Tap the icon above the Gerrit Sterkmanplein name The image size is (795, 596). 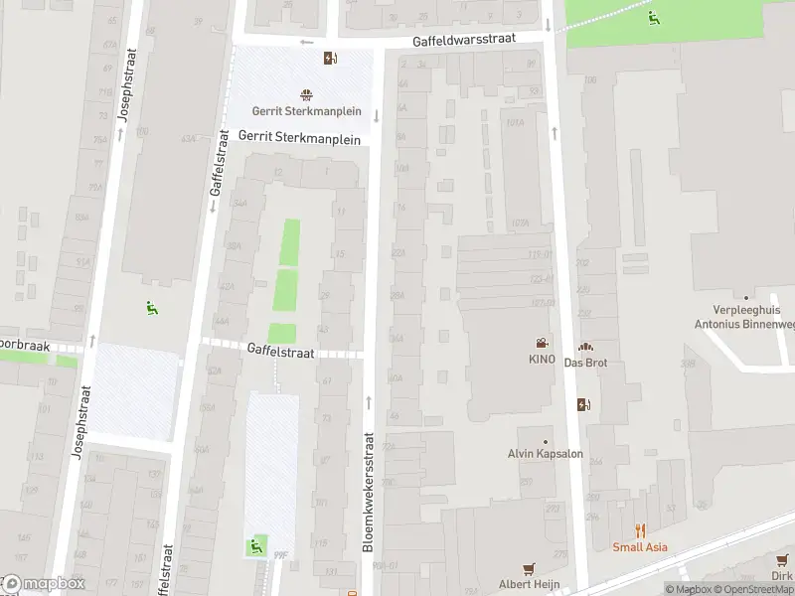point(306,95)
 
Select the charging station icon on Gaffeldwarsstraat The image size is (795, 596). point(329,58)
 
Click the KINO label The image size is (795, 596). point(542,359)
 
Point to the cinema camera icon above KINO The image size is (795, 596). point(542,342)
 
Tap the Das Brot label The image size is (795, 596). point(585,363)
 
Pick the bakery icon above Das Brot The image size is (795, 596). point(585,347)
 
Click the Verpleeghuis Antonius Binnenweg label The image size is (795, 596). point(745,316)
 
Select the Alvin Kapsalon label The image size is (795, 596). point(545,455)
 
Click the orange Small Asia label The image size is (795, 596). point(640,546)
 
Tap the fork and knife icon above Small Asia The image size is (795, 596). point(640,530)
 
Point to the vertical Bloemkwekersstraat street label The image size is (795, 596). point(368,492)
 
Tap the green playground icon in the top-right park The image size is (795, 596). point(653,17)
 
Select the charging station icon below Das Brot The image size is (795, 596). point(583,404)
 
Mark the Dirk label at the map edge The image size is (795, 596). point(783,576)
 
